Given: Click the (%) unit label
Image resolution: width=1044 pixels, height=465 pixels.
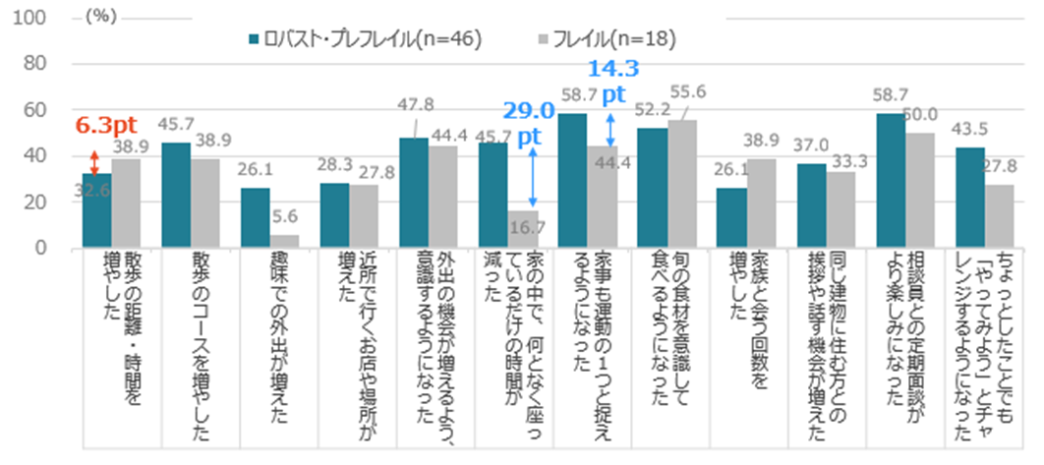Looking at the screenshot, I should click(101, 18).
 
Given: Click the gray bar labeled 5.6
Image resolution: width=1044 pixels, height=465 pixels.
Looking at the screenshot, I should click(284, 241).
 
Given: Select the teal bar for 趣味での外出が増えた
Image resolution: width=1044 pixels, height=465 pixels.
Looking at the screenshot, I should click(255, 217).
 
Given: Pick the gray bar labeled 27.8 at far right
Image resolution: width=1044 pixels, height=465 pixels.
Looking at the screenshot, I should click(1000, 215).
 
